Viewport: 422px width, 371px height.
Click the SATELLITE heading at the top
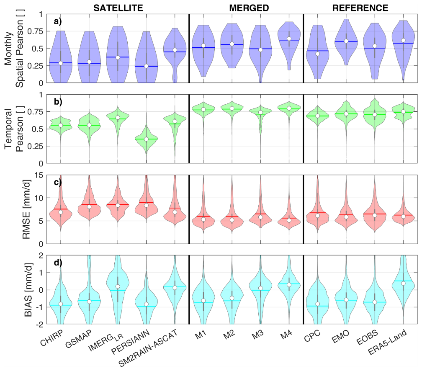118,8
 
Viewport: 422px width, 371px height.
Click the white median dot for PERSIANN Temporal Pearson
146,139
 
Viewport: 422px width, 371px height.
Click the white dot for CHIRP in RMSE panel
61,212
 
